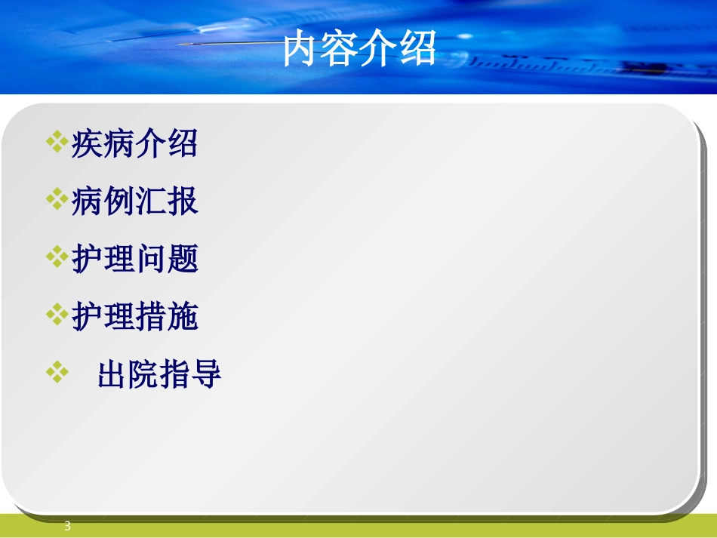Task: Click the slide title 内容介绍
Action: [x=359, y=50]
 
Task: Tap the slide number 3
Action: [x=67, y=526]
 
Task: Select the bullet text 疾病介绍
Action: [x=134, y=144]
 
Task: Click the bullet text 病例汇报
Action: [x=134, y=201]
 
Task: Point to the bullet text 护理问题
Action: [x=134, y=260]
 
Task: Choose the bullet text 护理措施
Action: [x=134, y=317]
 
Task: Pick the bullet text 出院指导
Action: [x=159, y=375]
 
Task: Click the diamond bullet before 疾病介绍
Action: [x=57, y=141]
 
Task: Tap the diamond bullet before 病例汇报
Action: [x=57, y=199]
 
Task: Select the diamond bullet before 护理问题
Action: [x=57, y=257]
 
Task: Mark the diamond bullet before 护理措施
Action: [x=57, y=315]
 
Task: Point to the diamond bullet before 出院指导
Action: [x=57, y=372]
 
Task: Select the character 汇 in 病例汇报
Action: [x=150, y=201]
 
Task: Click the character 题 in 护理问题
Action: [x=182, y=260]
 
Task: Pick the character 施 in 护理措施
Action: [x=182, y=317]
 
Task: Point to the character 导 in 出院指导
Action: [x=207, y=375]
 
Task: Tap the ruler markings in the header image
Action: [x=543, y=65]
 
